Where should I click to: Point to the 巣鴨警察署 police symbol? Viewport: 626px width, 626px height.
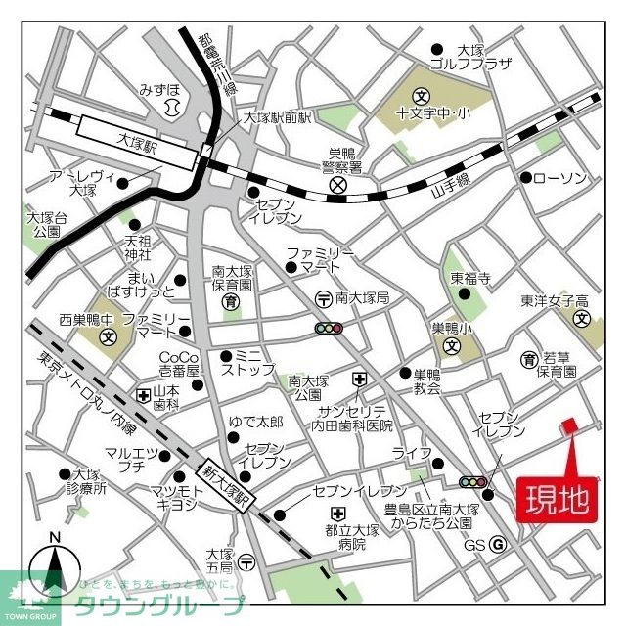click(x=338, y=185)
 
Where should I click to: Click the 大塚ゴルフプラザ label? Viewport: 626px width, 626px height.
click(x=484, y=57)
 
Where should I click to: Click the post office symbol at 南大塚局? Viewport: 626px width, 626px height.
click(x=322, y=297)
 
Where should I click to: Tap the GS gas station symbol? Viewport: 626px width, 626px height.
click(x=497, y=545)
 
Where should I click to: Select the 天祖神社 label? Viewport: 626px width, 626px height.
click(x=137, y=247)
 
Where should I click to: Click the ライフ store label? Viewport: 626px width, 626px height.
click(x=406, y=452)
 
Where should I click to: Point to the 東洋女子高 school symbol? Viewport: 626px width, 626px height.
click(x=581, y=319)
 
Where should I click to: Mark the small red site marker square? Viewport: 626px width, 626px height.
click(x=569, y=425)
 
